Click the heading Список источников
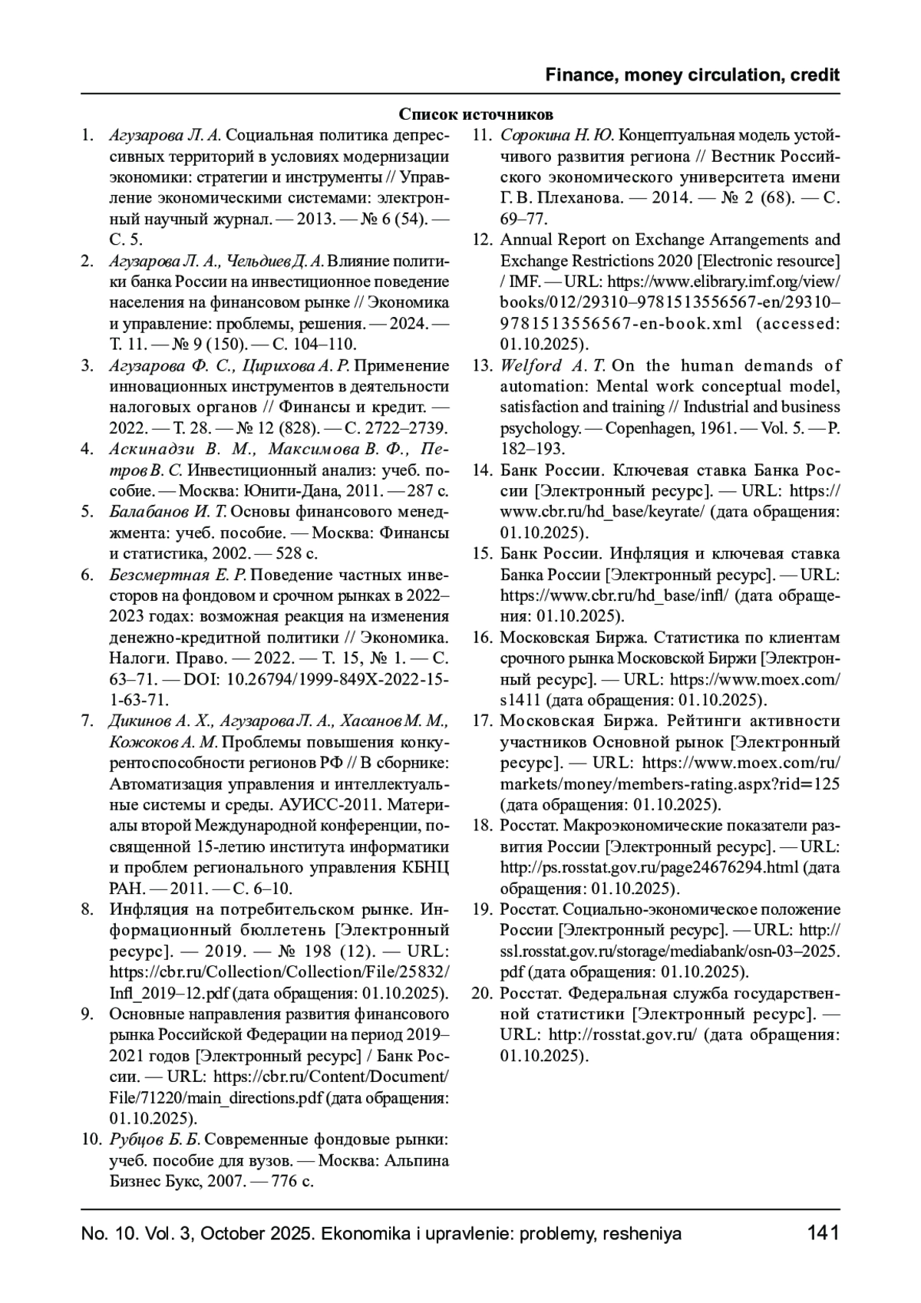(x=476, y=115)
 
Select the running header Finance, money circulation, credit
(x=692, y=75)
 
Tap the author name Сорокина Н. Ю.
(x=557, y=136)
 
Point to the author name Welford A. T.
(x=553, y=365)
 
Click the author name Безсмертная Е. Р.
(x=178, y=575)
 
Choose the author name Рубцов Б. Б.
(x=156, y=1139)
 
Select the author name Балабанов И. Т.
(x=169, y=512)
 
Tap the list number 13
(x=483, y=365)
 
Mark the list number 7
(x=88, y=721)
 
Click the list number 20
(x=481, y=993)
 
